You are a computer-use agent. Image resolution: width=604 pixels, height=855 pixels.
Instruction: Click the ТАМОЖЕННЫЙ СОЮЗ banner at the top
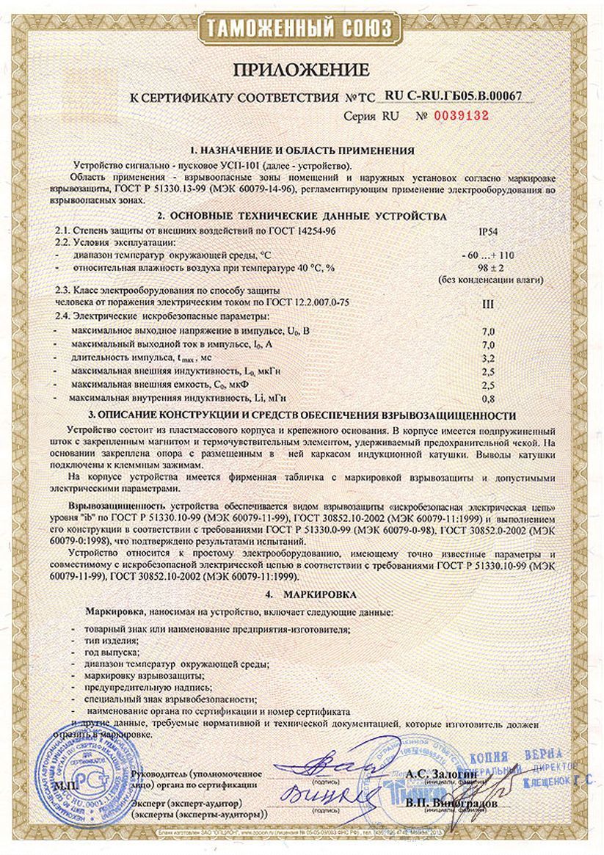tap(302, 29)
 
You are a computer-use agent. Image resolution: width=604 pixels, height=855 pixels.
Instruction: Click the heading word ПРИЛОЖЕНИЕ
tap(301, 70)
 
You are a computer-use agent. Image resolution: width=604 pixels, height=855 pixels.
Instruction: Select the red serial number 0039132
tap(461, 116)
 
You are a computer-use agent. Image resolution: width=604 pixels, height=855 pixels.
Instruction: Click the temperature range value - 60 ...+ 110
tap(488, 255)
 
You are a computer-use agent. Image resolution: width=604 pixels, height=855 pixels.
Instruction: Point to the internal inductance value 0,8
tap(487, 399)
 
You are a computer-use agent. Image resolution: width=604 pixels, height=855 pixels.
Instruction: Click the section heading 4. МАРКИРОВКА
tap(300, 592)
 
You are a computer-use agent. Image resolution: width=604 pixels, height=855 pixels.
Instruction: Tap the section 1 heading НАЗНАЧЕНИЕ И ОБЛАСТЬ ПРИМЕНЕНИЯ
tap(302, 150)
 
